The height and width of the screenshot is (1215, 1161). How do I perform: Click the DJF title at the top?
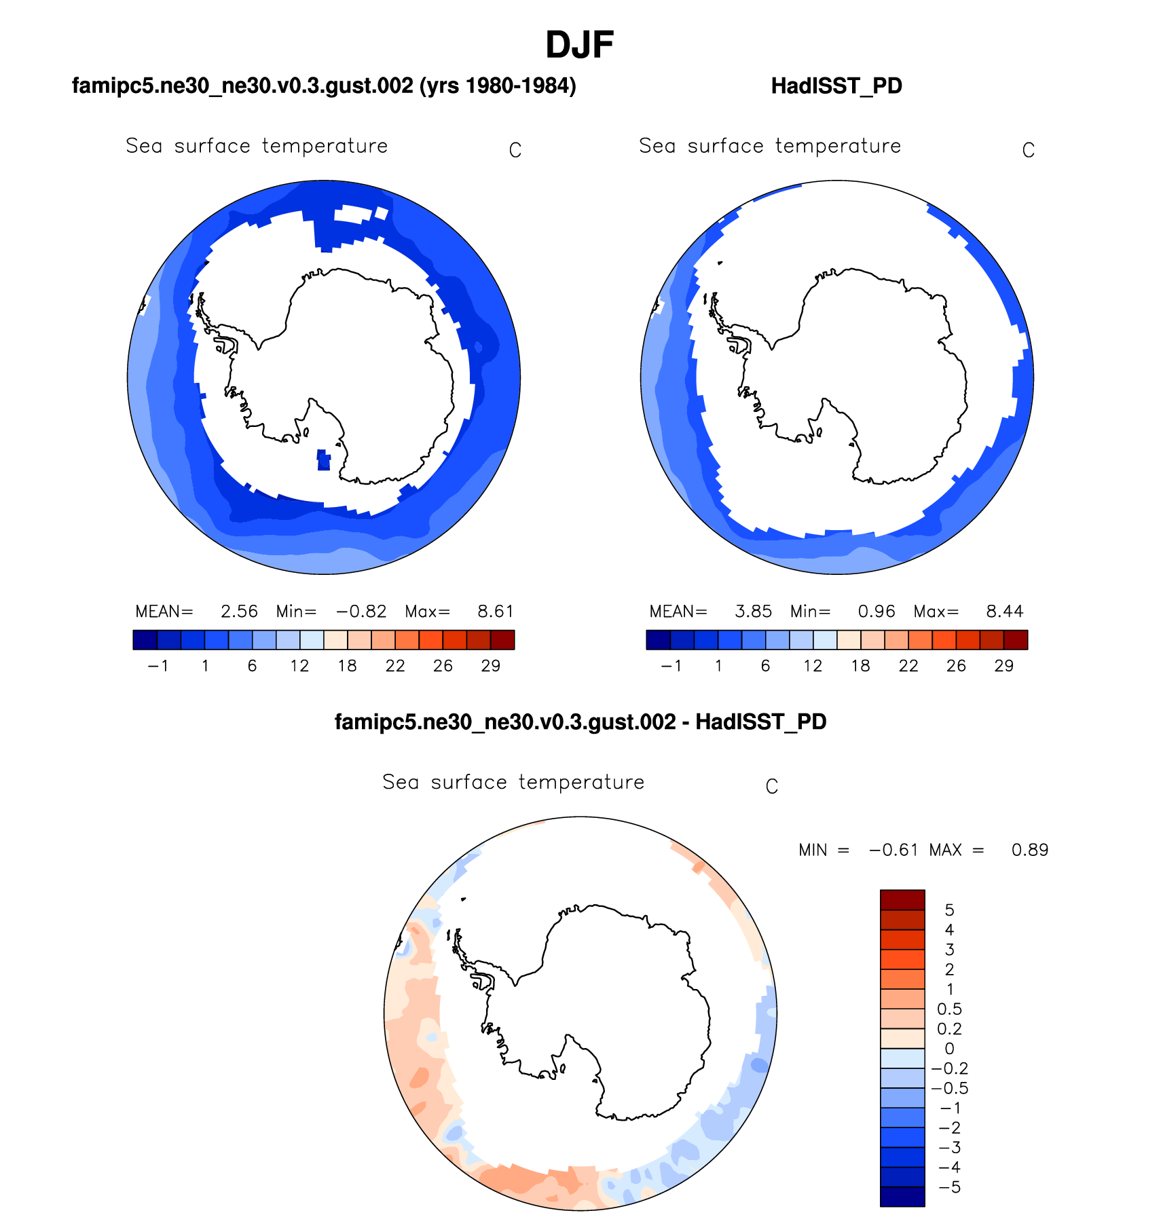(x=579, y=45)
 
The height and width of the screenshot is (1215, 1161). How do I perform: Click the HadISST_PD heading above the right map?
(x=836, y=86)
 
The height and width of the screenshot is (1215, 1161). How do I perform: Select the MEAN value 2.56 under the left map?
(x=239, y=612)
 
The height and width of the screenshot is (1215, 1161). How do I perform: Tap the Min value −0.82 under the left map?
(x=361, y=612)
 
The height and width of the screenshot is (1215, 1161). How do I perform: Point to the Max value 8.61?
(x=495, y=612)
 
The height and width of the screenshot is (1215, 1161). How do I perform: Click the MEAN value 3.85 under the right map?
(x=753, y=612)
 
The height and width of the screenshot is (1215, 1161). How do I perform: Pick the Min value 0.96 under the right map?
(x=876, y=612)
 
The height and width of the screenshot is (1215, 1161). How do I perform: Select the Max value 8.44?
(x=1004, y=612)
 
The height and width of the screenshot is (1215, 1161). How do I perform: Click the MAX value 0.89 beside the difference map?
(x=1029, y=850)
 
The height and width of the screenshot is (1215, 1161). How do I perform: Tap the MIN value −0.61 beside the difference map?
(x=893, y=850)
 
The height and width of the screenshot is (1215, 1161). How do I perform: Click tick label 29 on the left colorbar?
(x=490, y=666)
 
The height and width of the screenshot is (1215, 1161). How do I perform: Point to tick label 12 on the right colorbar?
(x=813, y=666)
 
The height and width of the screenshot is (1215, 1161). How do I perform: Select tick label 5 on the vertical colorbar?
(x=949, y=910)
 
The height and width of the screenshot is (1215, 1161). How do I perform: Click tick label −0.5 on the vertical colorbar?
(x=949, y=1088)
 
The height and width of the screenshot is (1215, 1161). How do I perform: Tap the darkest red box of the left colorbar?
(x=502, y=640)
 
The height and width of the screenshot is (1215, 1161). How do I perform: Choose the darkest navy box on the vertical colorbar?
(x=902, y=1196)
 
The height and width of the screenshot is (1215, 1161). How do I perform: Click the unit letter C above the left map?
(x=515, y=150)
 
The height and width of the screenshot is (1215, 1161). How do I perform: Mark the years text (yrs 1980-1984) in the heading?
(x=498, y=86)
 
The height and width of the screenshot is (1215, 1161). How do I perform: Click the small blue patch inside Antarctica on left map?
(x=324, y=460)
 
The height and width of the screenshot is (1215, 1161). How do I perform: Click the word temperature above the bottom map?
(x=581, y=782)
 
